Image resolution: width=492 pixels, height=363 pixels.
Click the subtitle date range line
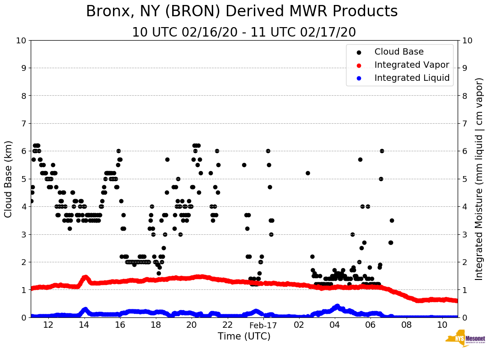tap(244, 33)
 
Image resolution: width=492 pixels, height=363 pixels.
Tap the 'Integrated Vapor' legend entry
tap(412, 65)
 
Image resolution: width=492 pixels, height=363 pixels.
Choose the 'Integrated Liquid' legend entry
tap(412, 78)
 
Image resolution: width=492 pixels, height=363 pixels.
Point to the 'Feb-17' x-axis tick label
tap(263, 325)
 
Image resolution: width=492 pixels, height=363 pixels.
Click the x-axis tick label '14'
tap(84, 325)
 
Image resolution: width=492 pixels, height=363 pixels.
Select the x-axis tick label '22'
tap(227, 325)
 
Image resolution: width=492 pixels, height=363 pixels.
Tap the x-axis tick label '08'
tap(406, 325)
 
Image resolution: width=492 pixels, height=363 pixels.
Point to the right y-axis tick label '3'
tap(465, 234)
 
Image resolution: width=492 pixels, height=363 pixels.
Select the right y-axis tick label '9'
tap(465, 68)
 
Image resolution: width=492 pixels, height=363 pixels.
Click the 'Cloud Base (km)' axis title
tap(9, 179)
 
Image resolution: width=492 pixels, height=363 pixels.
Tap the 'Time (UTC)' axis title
tap(244, 336)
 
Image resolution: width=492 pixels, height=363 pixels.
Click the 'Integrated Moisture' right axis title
tap(479, 179)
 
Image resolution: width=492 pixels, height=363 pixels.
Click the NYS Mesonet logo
tap(465, 340)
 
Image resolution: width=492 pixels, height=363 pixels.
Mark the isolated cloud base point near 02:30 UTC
tap(308, 173)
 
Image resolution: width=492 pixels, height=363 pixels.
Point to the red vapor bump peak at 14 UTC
tap(85, 277)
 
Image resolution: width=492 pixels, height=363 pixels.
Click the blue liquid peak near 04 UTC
tap(337, 306)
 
